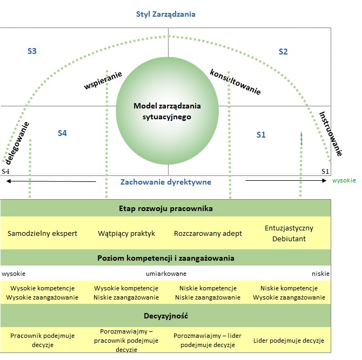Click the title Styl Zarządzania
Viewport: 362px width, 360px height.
(x=165, y=15)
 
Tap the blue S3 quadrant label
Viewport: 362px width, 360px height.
(x=32, y=51)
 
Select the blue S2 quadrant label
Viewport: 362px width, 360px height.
(x=283, y=52)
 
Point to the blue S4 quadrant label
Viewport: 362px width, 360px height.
(x=62, y=133)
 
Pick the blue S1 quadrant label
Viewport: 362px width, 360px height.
(x=261, y=134)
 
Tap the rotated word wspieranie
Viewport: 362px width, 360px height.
(x=103, y=80)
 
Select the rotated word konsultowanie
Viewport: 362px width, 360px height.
(x=235, y=82)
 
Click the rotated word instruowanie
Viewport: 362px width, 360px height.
(x=330, y=134)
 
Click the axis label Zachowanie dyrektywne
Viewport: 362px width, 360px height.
(x=165, y=182)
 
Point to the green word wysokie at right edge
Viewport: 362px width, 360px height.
(x=344, y=181)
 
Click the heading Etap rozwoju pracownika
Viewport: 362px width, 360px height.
(x=165, y=208)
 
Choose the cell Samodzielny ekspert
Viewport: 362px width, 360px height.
(x=43, y=234)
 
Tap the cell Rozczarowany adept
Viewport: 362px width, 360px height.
(x=208, y=234)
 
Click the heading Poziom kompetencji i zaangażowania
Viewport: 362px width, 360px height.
(x=165, y=258)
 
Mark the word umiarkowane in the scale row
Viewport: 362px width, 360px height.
(x=166, y=274)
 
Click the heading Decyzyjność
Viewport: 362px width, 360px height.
(x=165, y=315)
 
